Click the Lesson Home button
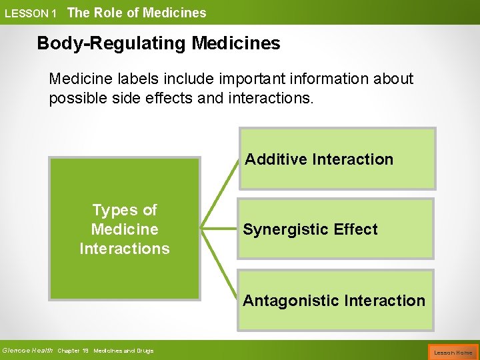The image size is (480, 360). pos(453,352)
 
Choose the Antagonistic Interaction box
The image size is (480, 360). pos(335,300)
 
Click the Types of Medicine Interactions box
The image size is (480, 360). pos(125,229)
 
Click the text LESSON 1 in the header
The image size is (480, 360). pos(31,13)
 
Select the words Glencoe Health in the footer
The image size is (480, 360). pos(27,351)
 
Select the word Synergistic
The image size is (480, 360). pos(287,229)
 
